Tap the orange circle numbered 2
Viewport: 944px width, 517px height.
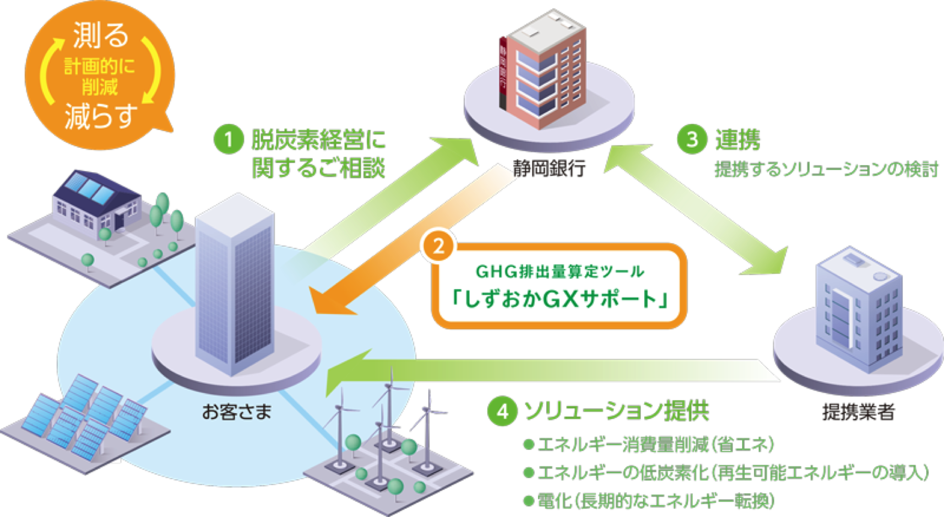point(438,246)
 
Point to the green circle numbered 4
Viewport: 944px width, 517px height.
point(502,411)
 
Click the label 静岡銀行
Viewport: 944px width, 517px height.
point(549,168)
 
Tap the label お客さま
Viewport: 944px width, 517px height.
point(237,412)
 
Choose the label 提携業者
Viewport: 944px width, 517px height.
point(858,412)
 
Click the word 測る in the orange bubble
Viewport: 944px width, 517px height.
point(100,35)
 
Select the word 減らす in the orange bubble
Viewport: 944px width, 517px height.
point(100,116)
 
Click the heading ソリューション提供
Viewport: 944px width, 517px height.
point(617,411)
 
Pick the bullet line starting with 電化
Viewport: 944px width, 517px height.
point(649,501)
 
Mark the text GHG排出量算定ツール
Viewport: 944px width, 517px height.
point(560,271)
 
